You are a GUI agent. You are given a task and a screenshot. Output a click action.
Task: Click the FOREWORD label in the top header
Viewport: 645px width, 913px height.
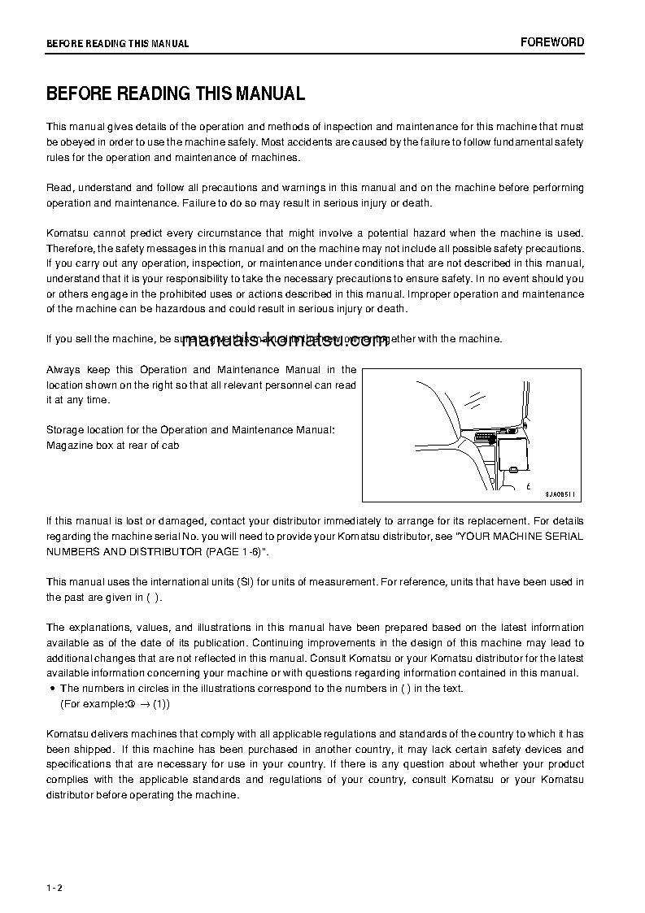(x=552, y=42)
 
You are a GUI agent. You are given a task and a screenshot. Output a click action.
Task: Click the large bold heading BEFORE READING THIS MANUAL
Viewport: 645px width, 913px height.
(x=176, y=93)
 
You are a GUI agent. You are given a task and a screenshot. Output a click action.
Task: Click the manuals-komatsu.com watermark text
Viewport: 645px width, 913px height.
(x=285, y=341)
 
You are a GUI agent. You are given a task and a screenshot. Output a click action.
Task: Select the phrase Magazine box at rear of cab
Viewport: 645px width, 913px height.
(x=113, y=445)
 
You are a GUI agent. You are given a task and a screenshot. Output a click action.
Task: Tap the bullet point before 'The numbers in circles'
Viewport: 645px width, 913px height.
(x=52, y=689)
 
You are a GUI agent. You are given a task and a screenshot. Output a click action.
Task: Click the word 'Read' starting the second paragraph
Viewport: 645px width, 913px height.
(x=59, y=188)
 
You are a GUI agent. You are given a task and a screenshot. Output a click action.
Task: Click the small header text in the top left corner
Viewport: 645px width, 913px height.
(x=117, y=44)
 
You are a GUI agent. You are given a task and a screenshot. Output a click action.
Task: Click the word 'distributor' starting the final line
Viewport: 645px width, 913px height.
(x=72, y=795)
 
